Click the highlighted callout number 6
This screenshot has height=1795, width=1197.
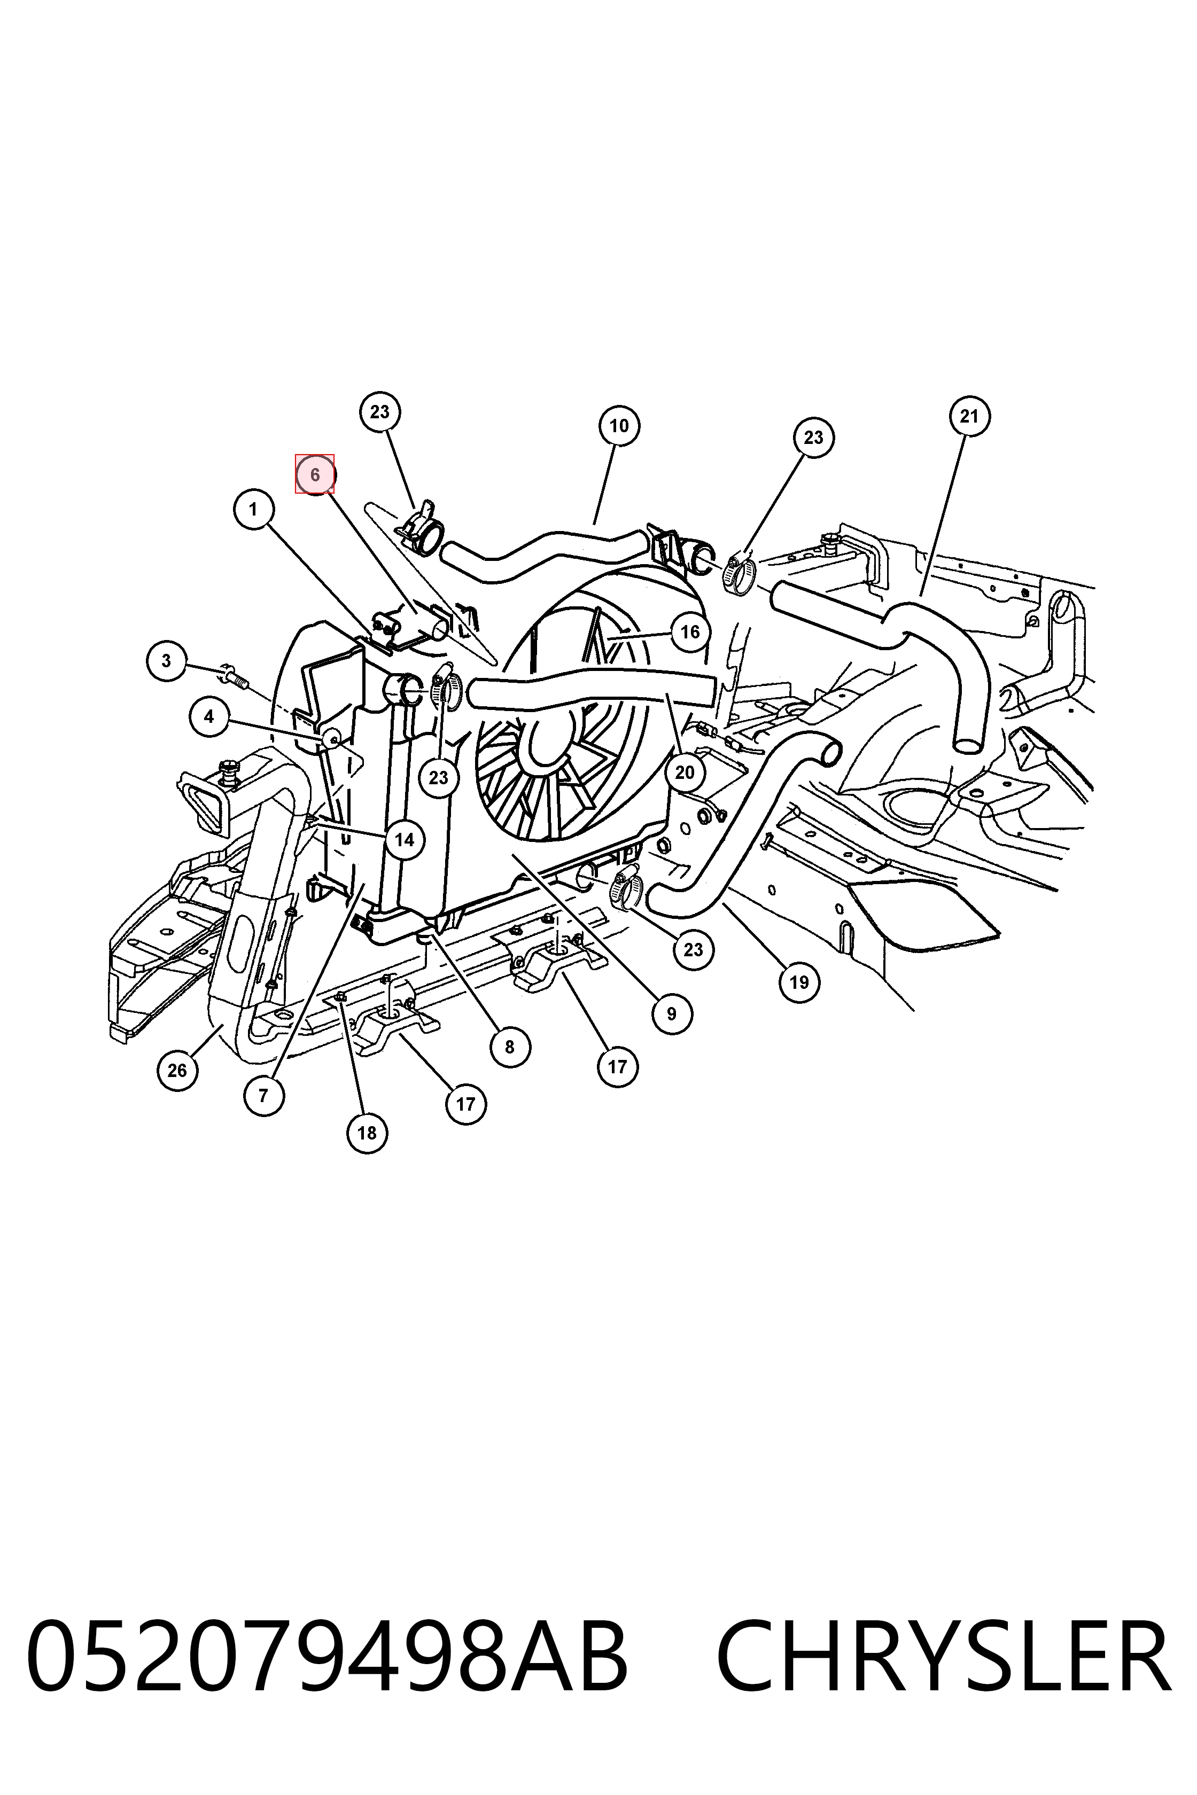tap(315, 474)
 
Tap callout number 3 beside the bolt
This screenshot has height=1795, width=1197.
tap(166, 660)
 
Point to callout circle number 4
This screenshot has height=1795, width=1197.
tap(209, 716)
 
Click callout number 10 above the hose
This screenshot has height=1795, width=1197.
tap(619, 425)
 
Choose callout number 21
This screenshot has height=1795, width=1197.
tap(969, 416)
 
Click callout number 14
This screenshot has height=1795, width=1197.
tap(405, 839)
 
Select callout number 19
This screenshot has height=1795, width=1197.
tap(798, 981)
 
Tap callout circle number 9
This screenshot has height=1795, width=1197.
tap(672, 1013)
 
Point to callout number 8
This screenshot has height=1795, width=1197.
tap(510, 1047)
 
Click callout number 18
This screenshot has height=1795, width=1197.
tap(367, 1133)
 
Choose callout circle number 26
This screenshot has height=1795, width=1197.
tap(177, 1070)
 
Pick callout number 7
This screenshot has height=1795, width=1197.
tap(263, 1096)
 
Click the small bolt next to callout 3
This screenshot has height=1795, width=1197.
tap(235, 676)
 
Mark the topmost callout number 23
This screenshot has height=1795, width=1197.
tap(379, 411)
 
